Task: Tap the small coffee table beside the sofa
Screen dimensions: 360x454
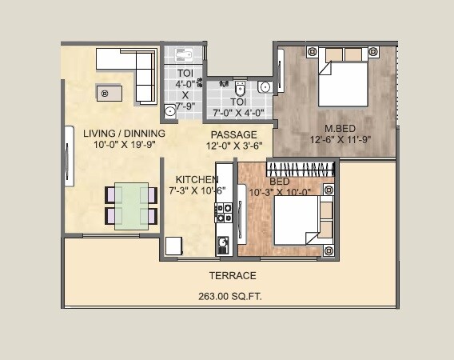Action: (x=109, y=94)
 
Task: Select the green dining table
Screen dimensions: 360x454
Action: (x=130, y=206)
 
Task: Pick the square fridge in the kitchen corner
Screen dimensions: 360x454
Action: (x=174, y=246)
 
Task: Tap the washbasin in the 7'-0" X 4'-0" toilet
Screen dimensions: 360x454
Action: (x=266, y=86)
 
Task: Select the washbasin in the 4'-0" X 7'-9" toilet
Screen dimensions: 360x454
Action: (x=183, y=54)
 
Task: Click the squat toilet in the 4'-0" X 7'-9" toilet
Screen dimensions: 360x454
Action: (x=169, y=111)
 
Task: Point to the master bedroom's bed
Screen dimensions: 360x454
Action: (x=342, y=78)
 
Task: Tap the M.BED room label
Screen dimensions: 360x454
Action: (x=340, y=128)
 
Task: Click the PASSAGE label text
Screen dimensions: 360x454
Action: (x=233, y=134)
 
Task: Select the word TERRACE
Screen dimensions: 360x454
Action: (x=233, y=275)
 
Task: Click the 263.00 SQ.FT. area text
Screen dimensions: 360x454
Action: (x=230, y=296)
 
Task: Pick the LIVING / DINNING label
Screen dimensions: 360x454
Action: (x=124, y=134)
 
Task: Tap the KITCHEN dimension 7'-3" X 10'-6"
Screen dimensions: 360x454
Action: (x=197, y=191)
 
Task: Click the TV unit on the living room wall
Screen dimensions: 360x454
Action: (x=69, y=165)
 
